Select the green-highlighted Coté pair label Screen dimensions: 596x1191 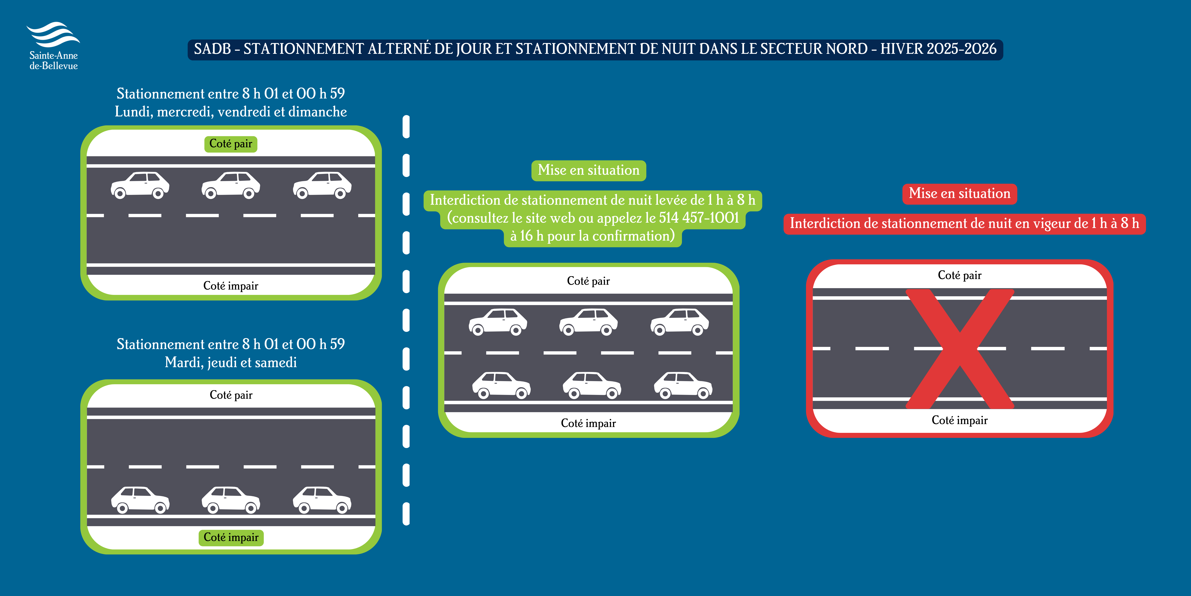tap(231, 144)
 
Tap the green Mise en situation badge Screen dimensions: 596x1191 tap(589, 170)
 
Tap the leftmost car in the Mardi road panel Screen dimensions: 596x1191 tap(140, 500)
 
